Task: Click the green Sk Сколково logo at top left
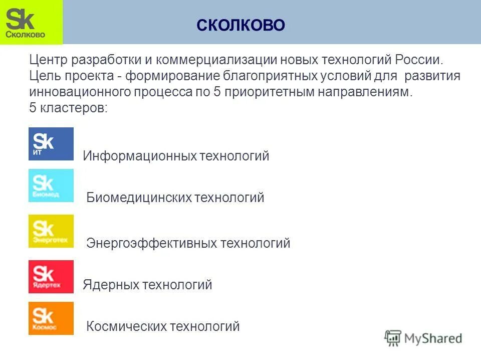coord(31,23)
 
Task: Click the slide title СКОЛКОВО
coord(241,25)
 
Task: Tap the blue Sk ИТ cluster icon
coord(51,144)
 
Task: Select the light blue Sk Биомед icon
coord(51,186)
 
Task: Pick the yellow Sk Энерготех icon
coord(51,231)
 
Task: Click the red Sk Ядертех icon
coord(51,276)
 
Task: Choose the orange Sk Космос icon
coord(51,318)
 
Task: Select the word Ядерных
coord(111,285)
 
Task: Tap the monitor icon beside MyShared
coord(393,338)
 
